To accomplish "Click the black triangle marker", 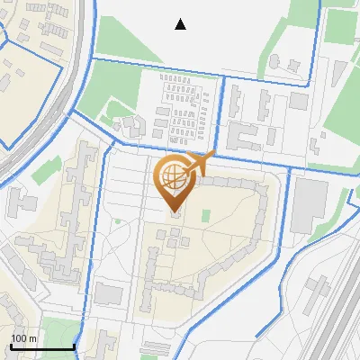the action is [x=181, y=24].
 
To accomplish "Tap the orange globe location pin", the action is [x=174, y=181].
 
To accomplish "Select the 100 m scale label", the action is [x=23, y=338].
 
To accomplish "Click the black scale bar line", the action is [x=41, y=346].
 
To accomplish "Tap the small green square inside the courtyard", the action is [x=206, y=216].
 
